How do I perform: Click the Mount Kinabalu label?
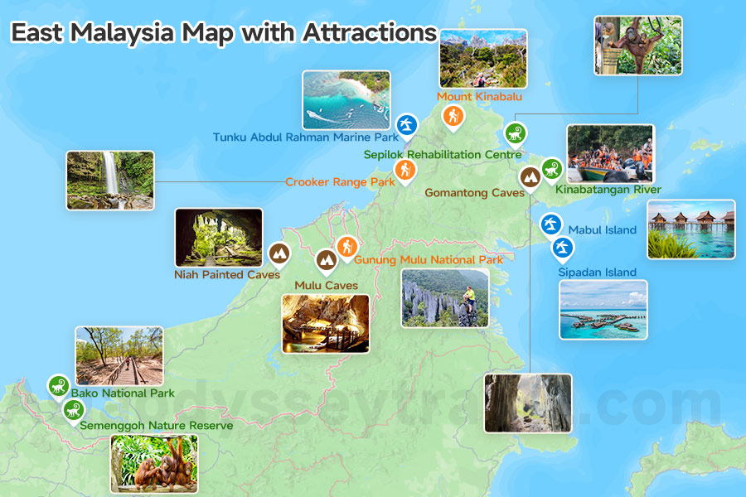coord(479,97)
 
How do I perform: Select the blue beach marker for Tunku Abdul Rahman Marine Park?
coord(406,124)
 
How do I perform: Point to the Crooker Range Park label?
coord(340,182)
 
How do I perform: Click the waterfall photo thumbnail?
coord(110,180)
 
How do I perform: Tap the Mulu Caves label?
coord(327,286)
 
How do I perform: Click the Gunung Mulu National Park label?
coord(429,260)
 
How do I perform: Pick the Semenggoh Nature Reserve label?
coord(157,426)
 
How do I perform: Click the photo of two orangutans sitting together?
coord(154,464)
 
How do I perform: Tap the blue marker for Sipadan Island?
coord(563,246)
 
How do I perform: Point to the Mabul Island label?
coord(603,230)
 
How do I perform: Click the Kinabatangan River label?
coord(609,191)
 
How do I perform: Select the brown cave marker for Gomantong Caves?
coord(529,176)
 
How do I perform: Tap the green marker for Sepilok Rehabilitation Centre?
coord(516,133)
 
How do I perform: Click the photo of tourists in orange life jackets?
coord(610,153)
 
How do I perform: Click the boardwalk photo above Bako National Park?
coord(119,355)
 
